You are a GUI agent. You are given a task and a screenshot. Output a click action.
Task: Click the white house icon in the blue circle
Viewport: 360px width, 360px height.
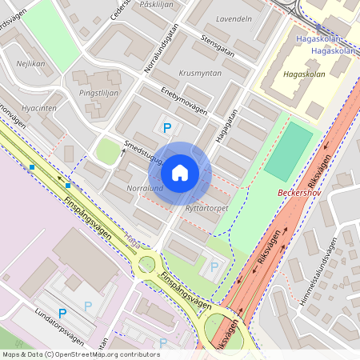(x=180, y=173)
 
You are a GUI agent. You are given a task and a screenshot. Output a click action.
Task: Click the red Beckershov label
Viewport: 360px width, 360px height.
(x=298, y=193)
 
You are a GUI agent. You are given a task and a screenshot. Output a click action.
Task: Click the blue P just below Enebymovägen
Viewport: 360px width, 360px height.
(x=167, y=127)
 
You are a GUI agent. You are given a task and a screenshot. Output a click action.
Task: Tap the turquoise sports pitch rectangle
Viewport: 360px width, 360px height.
(x=288, y=151)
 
